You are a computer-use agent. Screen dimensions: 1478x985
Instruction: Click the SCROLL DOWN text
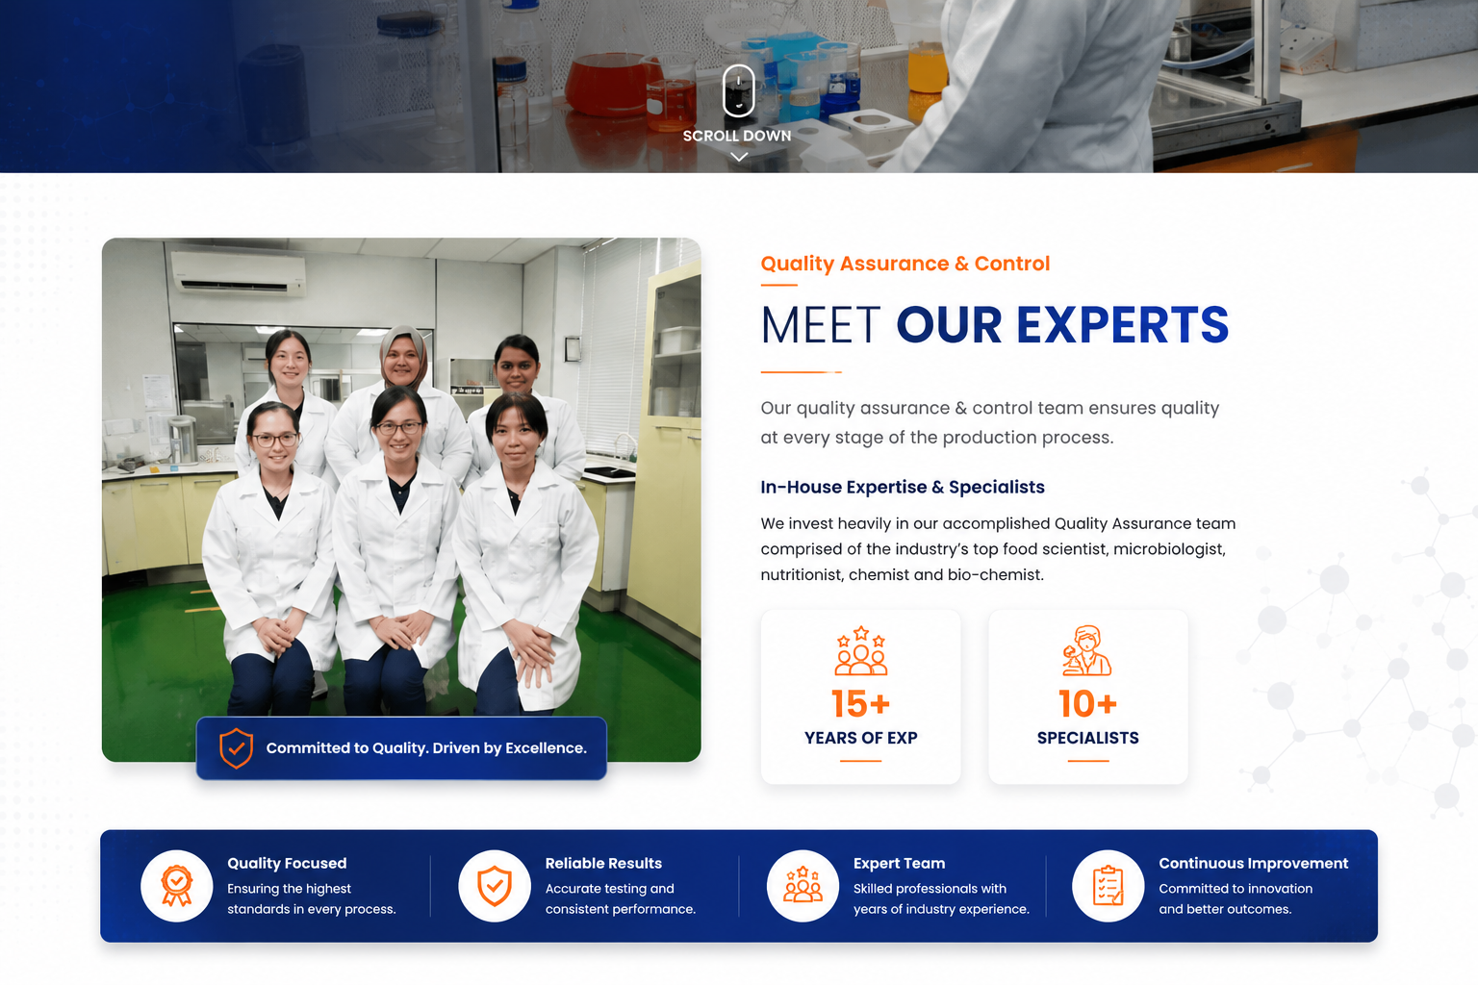point(737,136)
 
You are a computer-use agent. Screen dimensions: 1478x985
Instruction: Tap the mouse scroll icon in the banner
point(738,90)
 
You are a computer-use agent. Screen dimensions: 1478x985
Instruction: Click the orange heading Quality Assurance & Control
point(905,264)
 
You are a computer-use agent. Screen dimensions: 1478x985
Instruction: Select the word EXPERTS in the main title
point(1122,325)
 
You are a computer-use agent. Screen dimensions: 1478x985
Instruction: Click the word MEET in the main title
point(821,325)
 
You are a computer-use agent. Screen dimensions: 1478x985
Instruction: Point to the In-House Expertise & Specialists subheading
point(903,487)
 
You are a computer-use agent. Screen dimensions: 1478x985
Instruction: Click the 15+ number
point(860,704)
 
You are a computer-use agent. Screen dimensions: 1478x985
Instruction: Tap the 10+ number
point(1088,704)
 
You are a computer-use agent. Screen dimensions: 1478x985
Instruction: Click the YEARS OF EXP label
point(860,738)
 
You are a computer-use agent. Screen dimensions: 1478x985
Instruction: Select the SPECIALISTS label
point(1088,738)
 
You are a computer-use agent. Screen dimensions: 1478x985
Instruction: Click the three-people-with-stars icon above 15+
point(860,650)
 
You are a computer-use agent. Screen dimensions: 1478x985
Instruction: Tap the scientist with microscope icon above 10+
point(1086,650)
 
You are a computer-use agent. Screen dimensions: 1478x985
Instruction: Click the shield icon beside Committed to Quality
point(236,748)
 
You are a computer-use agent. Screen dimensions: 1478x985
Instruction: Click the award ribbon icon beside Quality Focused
point(177,885)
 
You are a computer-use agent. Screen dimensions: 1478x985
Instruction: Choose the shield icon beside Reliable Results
point(495,885)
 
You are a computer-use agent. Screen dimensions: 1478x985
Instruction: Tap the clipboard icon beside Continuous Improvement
point(1108,885)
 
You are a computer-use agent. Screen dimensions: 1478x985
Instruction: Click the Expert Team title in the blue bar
point(900,863)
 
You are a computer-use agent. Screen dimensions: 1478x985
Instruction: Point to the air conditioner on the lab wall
point(239,272)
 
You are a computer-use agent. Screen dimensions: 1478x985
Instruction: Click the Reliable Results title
point(603,863)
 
